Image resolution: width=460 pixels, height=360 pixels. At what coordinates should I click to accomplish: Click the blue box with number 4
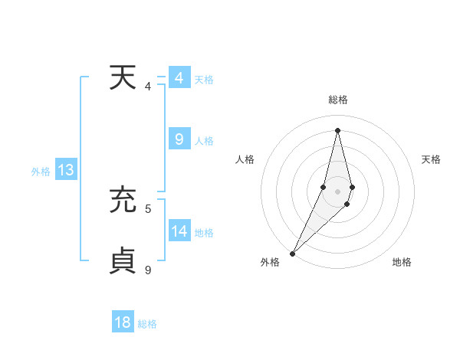[179, 78]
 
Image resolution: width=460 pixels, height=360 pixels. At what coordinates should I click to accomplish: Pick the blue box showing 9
[179, 139]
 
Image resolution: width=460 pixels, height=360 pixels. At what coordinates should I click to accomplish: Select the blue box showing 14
[179, 231]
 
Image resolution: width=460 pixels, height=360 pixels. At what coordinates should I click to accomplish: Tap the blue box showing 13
[66, 170]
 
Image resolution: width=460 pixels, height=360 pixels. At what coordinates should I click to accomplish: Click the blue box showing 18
[123, 322]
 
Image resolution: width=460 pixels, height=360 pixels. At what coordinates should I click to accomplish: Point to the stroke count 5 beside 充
[148, 208]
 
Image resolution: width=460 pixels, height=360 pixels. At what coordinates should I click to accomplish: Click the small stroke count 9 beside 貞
[148, 269]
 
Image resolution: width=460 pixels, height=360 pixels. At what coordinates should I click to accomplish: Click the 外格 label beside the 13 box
[41, 172]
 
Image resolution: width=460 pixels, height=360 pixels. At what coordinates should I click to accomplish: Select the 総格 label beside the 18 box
[147, 324]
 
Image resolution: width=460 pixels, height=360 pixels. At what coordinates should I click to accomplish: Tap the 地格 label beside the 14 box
[204, 233]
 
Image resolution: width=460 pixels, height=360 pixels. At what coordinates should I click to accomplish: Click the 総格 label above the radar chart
[337, 100]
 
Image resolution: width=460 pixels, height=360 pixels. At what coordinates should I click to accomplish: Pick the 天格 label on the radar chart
[431, 159]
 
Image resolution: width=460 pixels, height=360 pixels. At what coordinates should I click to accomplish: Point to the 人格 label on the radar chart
[245, 159]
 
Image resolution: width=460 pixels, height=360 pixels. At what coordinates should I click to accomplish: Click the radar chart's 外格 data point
[293, 253]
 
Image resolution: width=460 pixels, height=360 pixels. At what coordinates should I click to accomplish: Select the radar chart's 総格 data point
[337, 130]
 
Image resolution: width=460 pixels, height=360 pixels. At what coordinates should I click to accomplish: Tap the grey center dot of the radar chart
[337, 191]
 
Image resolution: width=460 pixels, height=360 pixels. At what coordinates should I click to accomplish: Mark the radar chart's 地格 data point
[347, 204]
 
